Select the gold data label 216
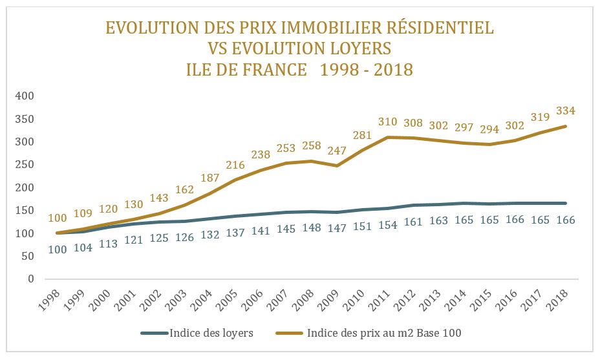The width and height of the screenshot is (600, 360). click(235, 165)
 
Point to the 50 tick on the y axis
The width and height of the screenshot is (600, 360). click(27, 257)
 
